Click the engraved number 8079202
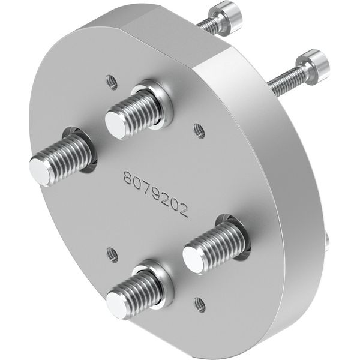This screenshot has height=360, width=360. (x=156, y=193)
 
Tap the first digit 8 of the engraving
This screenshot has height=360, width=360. (x=128, y=176)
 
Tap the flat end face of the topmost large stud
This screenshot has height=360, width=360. (x=116, y=124)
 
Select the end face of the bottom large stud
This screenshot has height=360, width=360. (x=118, y=304)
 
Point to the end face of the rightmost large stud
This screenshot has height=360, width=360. (x=194, y=259)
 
